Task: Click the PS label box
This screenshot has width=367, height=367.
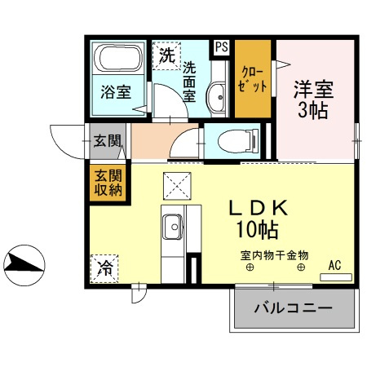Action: click(221, 47)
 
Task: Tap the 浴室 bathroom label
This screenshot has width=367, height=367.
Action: click(115, 91)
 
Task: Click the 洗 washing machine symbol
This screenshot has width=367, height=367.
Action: click(166, 56)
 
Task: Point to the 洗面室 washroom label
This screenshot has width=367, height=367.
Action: click(189, 80)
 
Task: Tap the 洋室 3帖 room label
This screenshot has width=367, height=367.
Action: click(312, 98)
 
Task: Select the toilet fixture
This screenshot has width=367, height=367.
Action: click(233, 139)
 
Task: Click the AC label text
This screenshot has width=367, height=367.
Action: click(334, 265)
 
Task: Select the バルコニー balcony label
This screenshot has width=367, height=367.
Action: click(294, 309)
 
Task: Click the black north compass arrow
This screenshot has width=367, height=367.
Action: click(23, 261)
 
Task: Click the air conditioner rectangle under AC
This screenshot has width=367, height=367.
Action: click(335, 277)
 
